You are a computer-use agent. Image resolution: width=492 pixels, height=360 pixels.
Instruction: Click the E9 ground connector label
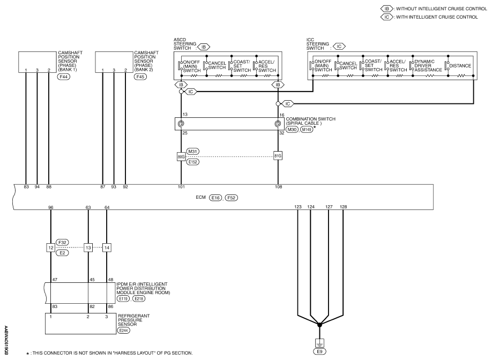pos(319,351)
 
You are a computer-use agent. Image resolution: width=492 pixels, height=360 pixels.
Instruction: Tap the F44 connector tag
pos(63,77)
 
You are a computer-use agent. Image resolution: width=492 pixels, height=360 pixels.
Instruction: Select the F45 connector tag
pos(140,77)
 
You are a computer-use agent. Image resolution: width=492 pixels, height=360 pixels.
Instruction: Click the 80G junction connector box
pos(181,156)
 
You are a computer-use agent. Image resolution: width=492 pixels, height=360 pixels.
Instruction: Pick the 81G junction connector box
pos(278,156)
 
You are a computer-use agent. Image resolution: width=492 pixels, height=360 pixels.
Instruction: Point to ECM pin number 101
pos(181,187)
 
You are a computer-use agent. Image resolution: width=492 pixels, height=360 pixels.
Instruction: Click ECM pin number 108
pos(278,187)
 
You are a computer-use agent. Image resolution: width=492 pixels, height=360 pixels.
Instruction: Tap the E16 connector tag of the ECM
pos(215,198)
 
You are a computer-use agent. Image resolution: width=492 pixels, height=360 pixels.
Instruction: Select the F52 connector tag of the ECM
pos(232,198)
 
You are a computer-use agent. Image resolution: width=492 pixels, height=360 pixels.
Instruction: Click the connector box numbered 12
pos(51,247)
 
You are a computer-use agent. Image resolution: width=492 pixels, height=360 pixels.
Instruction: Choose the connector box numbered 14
pos(107,247)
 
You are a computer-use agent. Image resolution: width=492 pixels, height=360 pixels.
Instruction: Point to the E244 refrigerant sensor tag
pos(123,330)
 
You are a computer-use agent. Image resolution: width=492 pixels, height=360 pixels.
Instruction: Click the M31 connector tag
pos(192,152)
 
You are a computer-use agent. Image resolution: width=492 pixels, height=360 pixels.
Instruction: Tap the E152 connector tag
pos(192,162)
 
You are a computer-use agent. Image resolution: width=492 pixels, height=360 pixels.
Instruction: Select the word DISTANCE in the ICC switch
pos(460,66)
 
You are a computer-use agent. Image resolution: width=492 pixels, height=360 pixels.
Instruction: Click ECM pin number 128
pos(343,207)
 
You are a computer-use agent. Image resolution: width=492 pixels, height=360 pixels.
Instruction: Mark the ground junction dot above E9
pos(319,325)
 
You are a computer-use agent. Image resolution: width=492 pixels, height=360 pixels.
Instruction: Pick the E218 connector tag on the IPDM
pos(139,299)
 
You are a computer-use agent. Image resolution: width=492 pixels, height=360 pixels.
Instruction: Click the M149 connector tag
pos(307,129)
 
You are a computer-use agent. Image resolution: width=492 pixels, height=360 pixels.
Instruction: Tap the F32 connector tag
pos(62,242)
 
